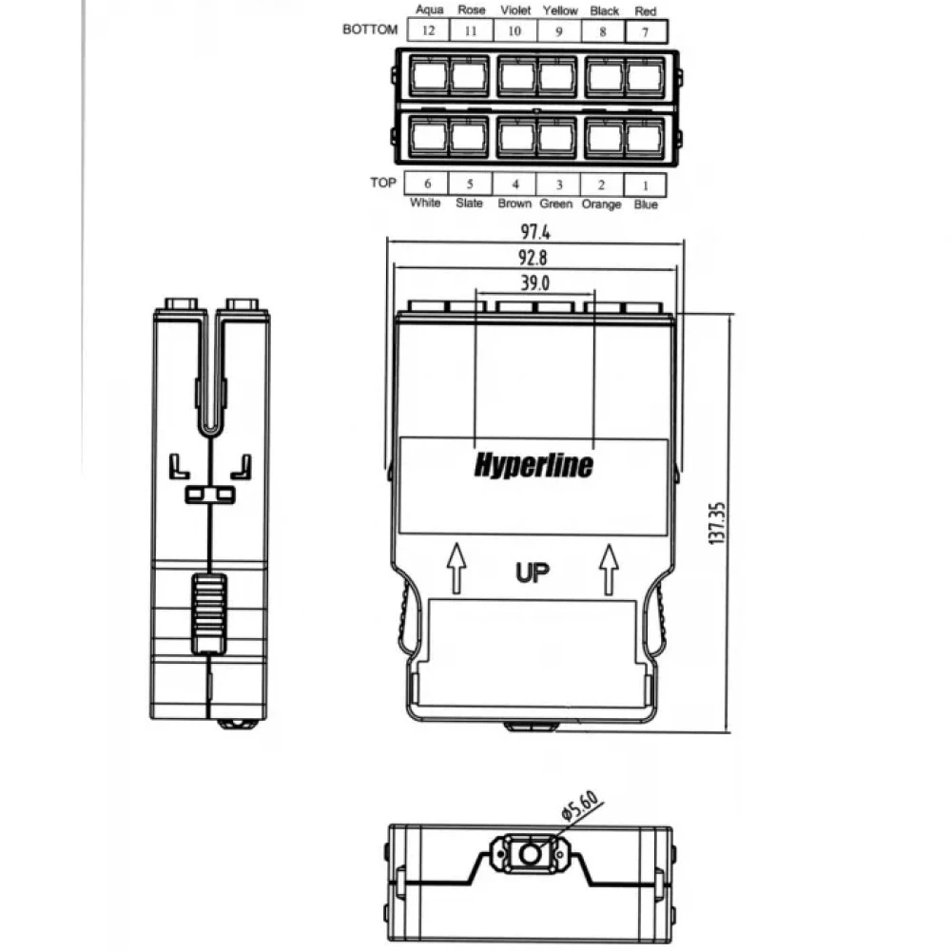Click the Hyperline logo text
pos(534,465)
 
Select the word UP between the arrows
pos(532,573)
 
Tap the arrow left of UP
pos(456,568)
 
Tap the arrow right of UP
pos(609,569)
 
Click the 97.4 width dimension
pos(534,232)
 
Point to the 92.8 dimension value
pos(533,258)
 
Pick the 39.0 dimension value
pos(534,282)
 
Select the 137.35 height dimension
pos(716,523)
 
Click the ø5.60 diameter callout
pos(580,805)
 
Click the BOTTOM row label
pos(370,29)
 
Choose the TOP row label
pos(382,183)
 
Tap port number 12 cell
pos(428,30)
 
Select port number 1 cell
pos(646,185)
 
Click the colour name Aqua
pos(430,10)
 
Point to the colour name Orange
pos(601,204)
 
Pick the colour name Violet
pos(515,10)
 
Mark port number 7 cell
pos(646,31)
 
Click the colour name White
pos(424,203)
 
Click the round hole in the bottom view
pos(530,854)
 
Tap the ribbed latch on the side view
pos(209,613)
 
